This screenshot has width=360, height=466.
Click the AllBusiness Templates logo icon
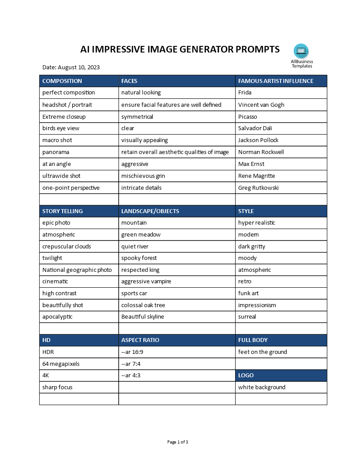click(301, 51)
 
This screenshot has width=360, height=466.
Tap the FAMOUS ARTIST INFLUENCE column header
click(276, 81)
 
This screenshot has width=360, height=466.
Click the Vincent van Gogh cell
click(261, 105)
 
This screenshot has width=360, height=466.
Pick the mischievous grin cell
click(143, 176)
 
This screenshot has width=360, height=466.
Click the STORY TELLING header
click(62, 211)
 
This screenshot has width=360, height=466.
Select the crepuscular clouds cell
click(67, 246)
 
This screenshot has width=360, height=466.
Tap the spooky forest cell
click(139, 258)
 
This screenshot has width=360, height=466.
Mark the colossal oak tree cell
click(143, 305)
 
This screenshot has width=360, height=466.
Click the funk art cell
click(248, 293)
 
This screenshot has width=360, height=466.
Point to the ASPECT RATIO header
click(140, 340)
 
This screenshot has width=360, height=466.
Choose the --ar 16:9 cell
click(132, 352)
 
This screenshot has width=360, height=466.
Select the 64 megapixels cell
click(61, 364)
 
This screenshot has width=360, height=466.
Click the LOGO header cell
click(246, 376)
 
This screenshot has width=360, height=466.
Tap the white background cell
click(262, 387)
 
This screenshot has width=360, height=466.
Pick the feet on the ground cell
click(262, 352)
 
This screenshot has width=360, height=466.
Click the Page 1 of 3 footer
click(178, 442)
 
